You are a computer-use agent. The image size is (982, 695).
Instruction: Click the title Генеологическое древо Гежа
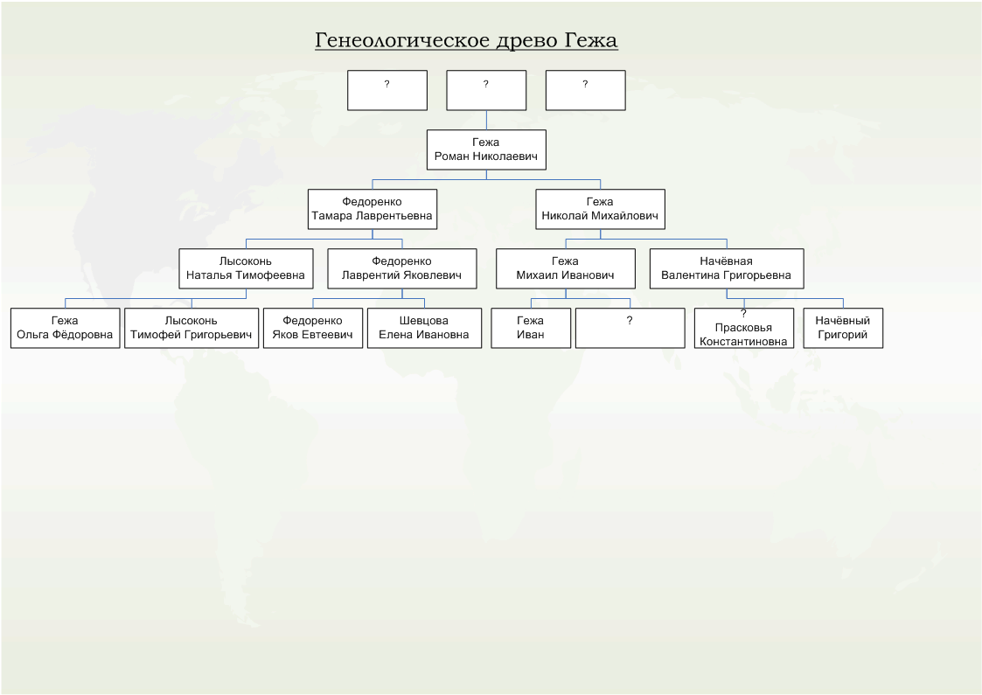(x=467, y=40)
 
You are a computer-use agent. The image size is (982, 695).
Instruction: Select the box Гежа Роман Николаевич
(x=486, y=149)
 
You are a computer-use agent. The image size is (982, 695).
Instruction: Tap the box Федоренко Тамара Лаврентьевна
(x=373, y=209)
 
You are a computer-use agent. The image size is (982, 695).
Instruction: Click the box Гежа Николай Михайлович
(x=601, y=209)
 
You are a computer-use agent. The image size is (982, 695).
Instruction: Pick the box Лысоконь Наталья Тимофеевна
(x=246, y=268)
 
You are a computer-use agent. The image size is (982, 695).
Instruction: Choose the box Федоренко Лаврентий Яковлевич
(x=402, y=268)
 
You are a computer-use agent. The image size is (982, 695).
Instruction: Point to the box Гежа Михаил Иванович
(x=566, y=268)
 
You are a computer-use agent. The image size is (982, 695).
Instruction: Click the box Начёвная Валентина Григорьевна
(x=727, y=268)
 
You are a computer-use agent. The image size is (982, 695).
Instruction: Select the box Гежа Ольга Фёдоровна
(x=65, y=328)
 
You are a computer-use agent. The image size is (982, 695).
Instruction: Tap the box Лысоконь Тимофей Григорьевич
(x=192, y=328)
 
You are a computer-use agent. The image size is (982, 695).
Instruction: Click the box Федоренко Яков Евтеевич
(x=313, y=328)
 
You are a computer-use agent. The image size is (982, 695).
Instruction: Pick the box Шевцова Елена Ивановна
(x=425, y=328)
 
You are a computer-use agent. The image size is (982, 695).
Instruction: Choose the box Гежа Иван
(x=531, y=328)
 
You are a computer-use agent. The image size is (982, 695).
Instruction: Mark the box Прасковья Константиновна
(x=744, y=328)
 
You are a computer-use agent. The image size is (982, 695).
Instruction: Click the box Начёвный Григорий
(x=843, y=328)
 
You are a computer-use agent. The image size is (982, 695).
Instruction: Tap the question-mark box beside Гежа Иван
(x=630, y=328)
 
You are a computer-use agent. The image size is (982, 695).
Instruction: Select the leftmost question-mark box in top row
(x=387, y=90)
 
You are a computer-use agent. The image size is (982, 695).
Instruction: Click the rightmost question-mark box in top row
(x=586, y=90)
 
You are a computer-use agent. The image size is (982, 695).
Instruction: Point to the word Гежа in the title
(x=591, y=40)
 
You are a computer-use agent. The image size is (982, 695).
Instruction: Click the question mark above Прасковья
(x=743, y=314)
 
